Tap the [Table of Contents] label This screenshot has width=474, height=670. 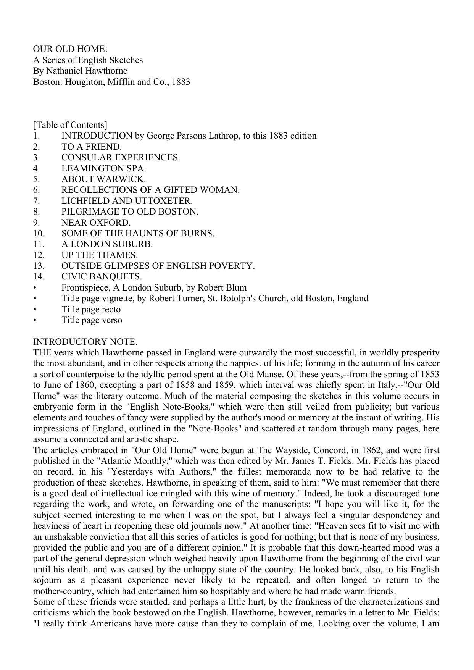click(70, 125)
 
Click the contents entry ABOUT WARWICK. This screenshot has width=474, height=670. click(104, 179)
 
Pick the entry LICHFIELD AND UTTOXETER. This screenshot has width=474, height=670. click(127, 201)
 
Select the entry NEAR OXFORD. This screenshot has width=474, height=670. click(96, 223)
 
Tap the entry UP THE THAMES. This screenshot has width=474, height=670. click(100, 255)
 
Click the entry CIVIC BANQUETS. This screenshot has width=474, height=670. click(102, 276)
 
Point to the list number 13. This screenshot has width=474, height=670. click(39, 266)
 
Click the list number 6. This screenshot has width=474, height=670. click(37, 190)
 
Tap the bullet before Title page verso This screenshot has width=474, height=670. click(35, 320)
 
